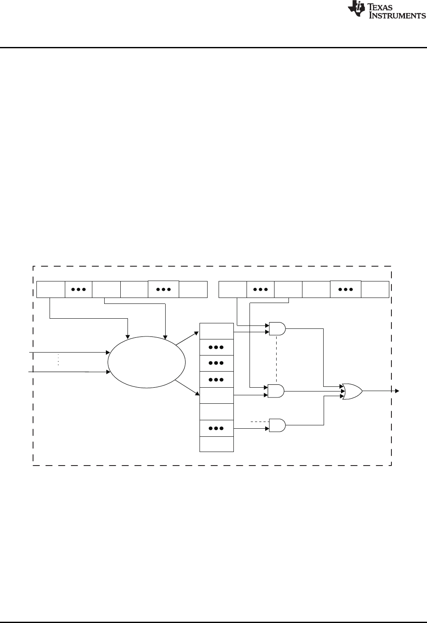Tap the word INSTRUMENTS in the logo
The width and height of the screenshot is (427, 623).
coord(398,16)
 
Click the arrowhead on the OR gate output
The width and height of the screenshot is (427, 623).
coord(397,391)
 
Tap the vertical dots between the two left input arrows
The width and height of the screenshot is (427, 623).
coord(58,360)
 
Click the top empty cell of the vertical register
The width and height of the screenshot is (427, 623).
coord(216,331)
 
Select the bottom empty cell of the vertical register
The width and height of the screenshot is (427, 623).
coord(216,444)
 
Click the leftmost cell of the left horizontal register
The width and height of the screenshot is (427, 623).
coord(50,289)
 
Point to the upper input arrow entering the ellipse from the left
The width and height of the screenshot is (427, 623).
coord(68,352)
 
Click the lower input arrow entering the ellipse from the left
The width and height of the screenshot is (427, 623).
coord(68,372)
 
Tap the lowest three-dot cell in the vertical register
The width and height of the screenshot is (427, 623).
coord(216,428)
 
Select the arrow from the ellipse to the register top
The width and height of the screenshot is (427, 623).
coord(187,338)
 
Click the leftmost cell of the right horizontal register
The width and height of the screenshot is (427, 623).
coord(232,289)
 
